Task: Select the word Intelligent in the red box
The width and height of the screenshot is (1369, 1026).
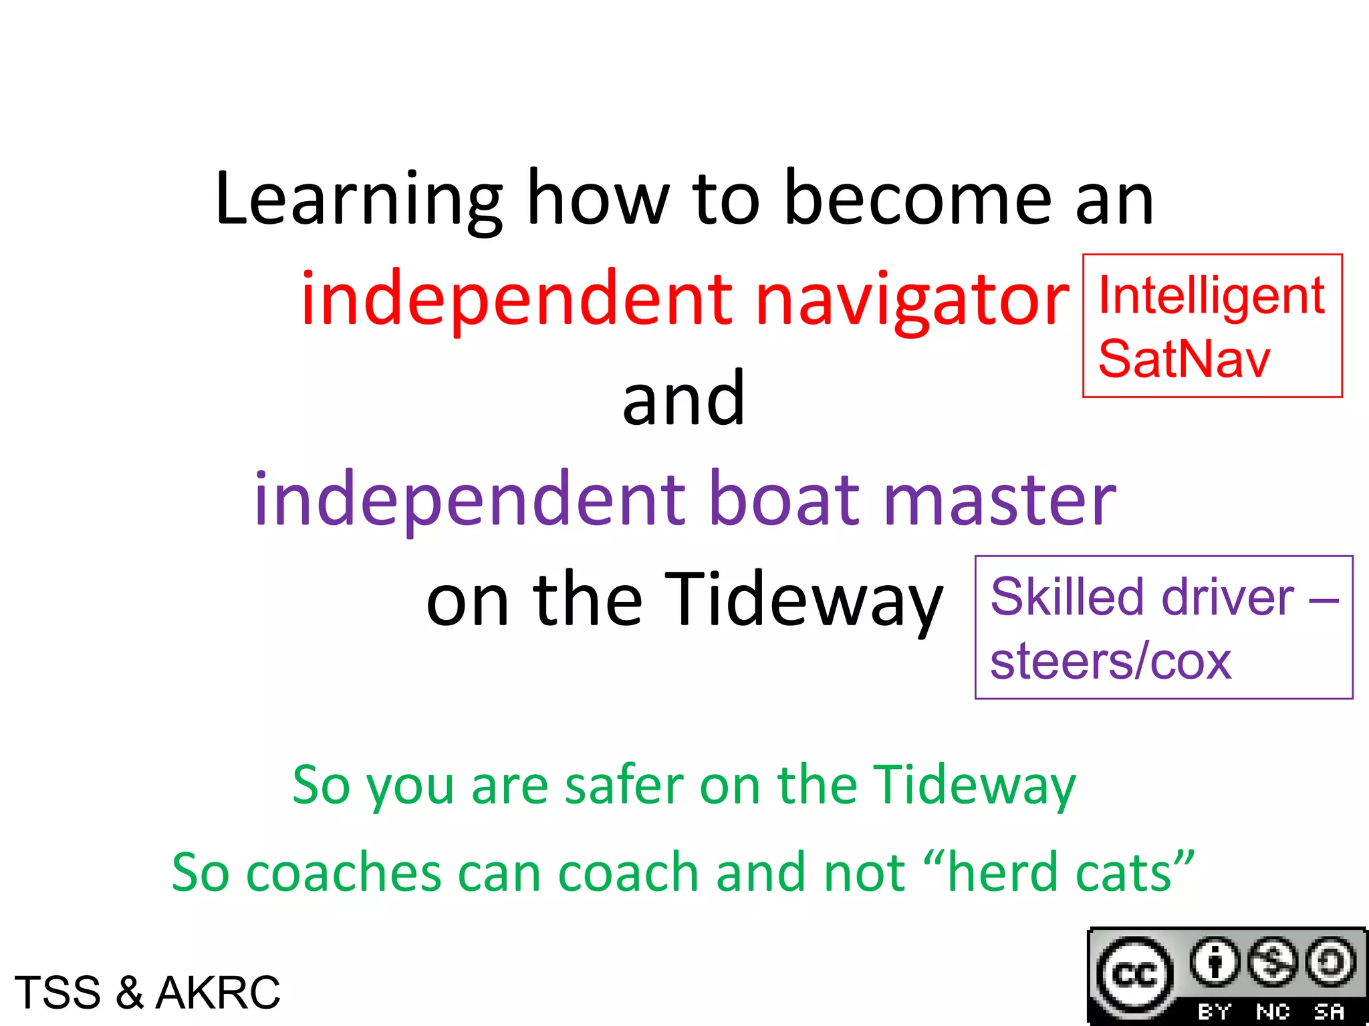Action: pos(1211,295)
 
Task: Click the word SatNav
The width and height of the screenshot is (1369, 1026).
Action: pos(1184,359)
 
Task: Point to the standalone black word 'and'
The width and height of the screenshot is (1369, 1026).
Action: pos(683,399)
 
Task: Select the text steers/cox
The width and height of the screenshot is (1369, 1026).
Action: pos(1110,661)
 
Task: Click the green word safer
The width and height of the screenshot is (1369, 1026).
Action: pos(624,785)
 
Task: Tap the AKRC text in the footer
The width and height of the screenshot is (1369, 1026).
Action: pos(218,993)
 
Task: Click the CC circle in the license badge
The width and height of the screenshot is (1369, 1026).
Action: pos(1134,976)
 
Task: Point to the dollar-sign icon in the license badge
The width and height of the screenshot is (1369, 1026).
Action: pos(1273,963)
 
